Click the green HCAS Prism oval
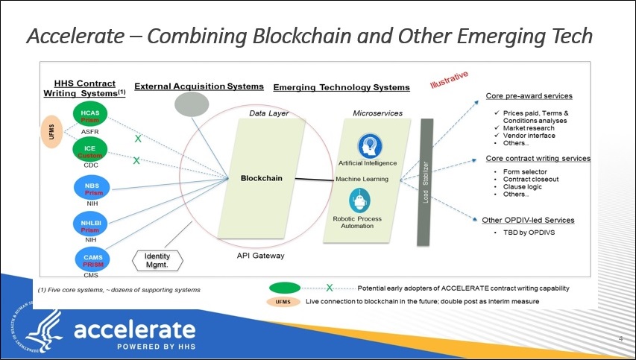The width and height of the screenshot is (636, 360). click(89, 116)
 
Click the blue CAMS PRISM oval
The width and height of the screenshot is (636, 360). click(93, 260)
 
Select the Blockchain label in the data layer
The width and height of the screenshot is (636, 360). click(261, 178)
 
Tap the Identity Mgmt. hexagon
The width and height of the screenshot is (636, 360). click(157, 260)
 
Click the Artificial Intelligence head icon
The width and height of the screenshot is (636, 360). click(367, 145)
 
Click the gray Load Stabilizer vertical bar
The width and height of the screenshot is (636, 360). click(426, 181)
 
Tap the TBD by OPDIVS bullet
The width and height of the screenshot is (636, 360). click(526, 233)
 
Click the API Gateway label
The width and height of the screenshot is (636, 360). click(260, 256)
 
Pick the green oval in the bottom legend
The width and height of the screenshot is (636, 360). click(286, 288)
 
